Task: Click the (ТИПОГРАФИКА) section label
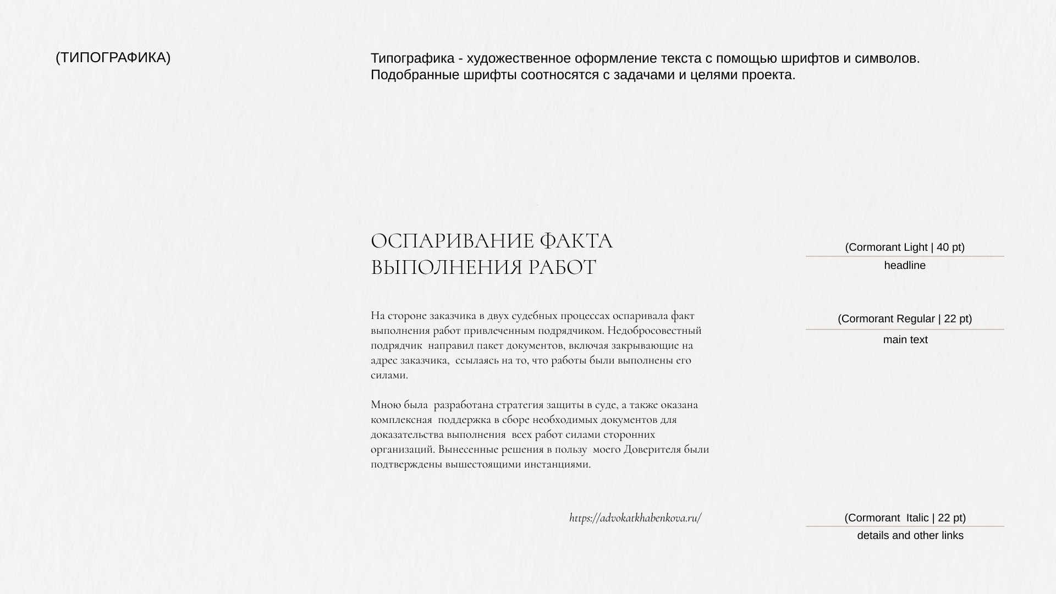pos(113,58)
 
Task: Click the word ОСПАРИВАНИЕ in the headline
pos(452,241)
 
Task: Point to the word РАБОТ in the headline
pos(562,268)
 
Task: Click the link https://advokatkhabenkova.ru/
pos(635,518)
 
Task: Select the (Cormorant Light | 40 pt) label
pos(905,248)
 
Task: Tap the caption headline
pos(905,266)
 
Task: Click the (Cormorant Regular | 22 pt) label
pos(905,319)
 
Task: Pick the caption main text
pos(905,340)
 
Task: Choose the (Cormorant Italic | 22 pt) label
pos(905,518)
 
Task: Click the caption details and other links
pos(910,536)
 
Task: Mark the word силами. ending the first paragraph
pos(389,376)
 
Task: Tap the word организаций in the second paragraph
pos(403,449)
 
